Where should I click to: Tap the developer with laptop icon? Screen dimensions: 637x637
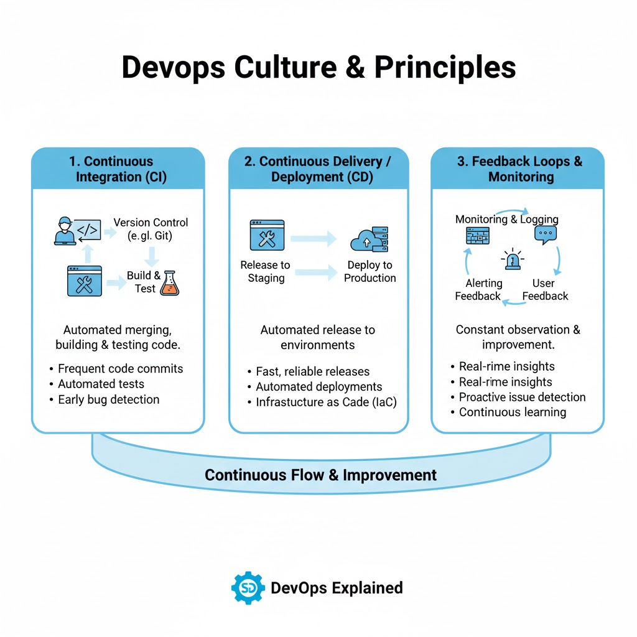65,231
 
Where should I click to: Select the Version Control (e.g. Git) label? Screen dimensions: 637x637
151,230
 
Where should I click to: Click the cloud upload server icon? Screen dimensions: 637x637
370,239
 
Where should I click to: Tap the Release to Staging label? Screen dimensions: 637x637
266,272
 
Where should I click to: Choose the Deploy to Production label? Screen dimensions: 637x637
370,272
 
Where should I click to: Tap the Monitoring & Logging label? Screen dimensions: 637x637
506,219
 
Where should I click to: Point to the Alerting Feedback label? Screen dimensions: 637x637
478,290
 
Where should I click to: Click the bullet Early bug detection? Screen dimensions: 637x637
108,399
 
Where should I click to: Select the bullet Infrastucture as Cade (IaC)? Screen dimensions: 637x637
326,402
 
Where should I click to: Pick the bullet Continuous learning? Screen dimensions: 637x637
512,412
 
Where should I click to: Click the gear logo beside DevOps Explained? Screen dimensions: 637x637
248,588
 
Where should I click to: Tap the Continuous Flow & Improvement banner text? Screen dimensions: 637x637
320,475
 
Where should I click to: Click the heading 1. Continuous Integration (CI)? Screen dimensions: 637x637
118,169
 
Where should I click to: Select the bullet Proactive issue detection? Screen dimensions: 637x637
522,397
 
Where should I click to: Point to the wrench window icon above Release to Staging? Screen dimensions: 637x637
266,235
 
